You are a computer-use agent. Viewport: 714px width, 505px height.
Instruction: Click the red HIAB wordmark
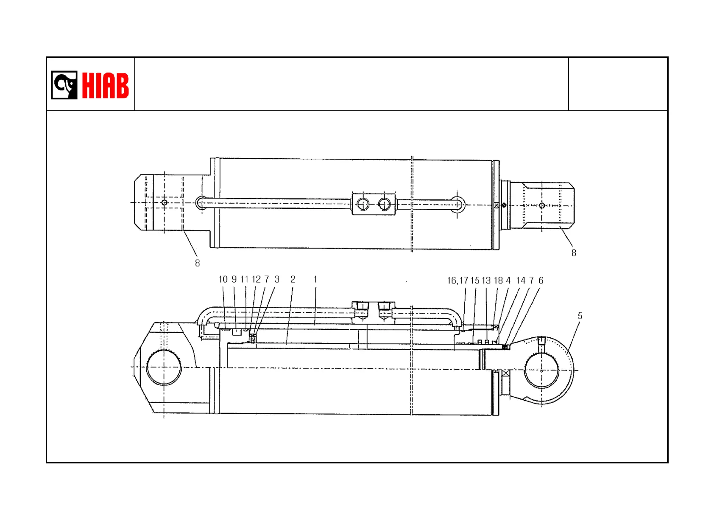[106, 85]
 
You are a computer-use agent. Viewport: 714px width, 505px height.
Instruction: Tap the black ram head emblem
[64, 85]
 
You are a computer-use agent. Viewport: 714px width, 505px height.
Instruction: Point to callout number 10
[223, 280]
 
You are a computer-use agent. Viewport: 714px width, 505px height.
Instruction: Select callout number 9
[234, 280]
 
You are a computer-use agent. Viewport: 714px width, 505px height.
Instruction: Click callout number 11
[245, 280]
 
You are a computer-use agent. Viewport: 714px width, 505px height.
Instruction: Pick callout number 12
[256, 280]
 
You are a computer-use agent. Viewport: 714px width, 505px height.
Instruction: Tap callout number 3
[277, 280]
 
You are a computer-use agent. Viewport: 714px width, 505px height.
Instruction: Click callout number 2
[293, 280]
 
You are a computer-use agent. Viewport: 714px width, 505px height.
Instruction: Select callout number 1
[315, 280]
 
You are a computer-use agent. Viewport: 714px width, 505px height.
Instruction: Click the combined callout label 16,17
[458, 281]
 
